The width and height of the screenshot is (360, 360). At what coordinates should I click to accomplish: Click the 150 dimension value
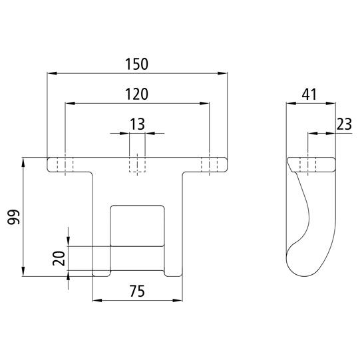click(x=136, y=64)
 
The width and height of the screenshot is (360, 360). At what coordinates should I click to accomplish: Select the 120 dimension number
click(x=136, y=94)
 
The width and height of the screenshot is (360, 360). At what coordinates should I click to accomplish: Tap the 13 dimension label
click(x=137, y=124)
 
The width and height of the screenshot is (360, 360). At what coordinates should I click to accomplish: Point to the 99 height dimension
click(x=14, y=217)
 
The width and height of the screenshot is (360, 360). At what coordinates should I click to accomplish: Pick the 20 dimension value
click(x=59, y=258)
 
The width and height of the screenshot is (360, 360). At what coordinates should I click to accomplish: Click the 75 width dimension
click(x=137, y=291)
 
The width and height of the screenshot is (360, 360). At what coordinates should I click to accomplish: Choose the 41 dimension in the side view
click(x=309, y=94)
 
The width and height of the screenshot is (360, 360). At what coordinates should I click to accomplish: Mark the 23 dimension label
click(x=344, y=124)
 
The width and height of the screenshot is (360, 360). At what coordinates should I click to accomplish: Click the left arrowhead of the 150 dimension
click(x=52, y=73)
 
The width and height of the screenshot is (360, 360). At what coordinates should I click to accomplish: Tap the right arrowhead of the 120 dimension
click(x=204, y=104)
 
